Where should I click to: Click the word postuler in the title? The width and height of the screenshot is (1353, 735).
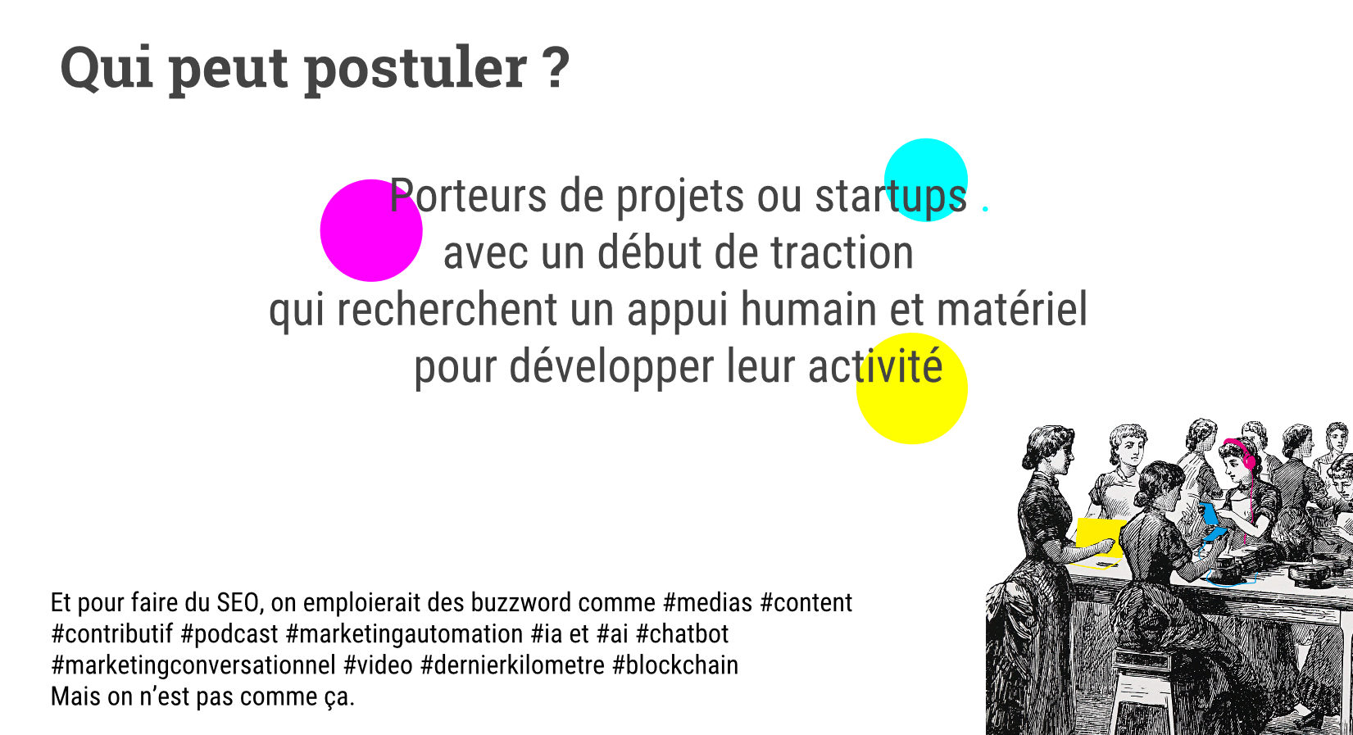[416, 68]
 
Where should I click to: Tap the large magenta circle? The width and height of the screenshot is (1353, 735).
[371, 230]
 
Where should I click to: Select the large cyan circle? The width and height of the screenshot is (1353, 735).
[926, 180]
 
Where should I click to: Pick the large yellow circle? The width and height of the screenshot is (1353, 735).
[912, 388]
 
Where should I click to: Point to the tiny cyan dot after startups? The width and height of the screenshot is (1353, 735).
[985, 208]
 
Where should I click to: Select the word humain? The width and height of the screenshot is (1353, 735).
[808, 309]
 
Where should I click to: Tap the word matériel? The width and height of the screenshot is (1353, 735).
[1012, 309]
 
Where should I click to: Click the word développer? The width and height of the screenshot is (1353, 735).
[611, 366]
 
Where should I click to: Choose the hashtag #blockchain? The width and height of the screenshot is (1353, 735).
[675, 665]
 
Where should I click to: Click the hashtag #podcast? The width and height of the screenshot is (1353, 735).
[229, 634]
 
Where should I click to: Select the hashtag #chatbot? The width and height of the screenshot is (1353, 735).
[683, 633]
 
